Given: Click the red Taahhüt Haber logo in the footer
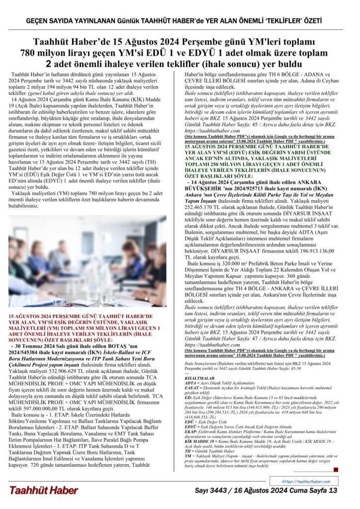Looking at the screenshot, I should [43, 490].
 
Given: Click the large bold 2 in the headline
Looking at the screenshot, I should [49, 64].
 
